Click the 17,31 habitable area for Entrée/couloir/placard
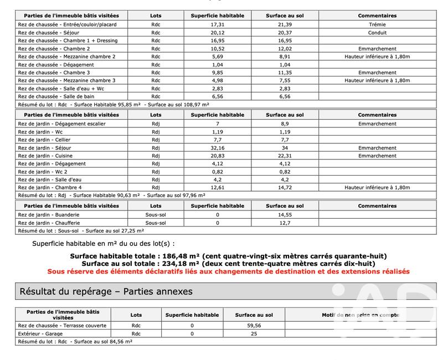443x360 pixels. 217,25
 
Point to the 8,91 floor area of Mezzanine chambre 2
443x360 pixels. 285,56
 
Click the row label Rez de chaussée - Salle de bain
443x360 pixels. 64,96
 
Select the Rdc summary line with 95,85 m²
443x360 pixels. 114,104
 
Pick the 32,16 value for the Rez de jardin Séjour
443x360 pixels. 217,148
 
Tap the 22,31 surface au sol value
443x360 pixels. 285,156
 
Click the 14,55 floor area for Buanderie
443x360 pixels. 285,214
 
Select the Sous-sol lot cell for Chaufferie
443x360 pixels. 156,223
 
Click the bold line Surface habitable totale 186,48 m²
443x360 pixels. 228,256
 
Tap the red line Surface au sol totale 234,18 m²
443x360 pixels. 228,264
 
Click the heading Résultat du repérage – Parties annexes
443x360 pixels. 106,291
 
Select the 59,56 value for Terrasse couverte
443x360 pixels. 254,325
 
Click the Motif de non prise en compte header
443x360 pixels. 360,315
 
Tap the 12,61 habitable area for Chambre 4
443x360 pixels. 217,188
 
